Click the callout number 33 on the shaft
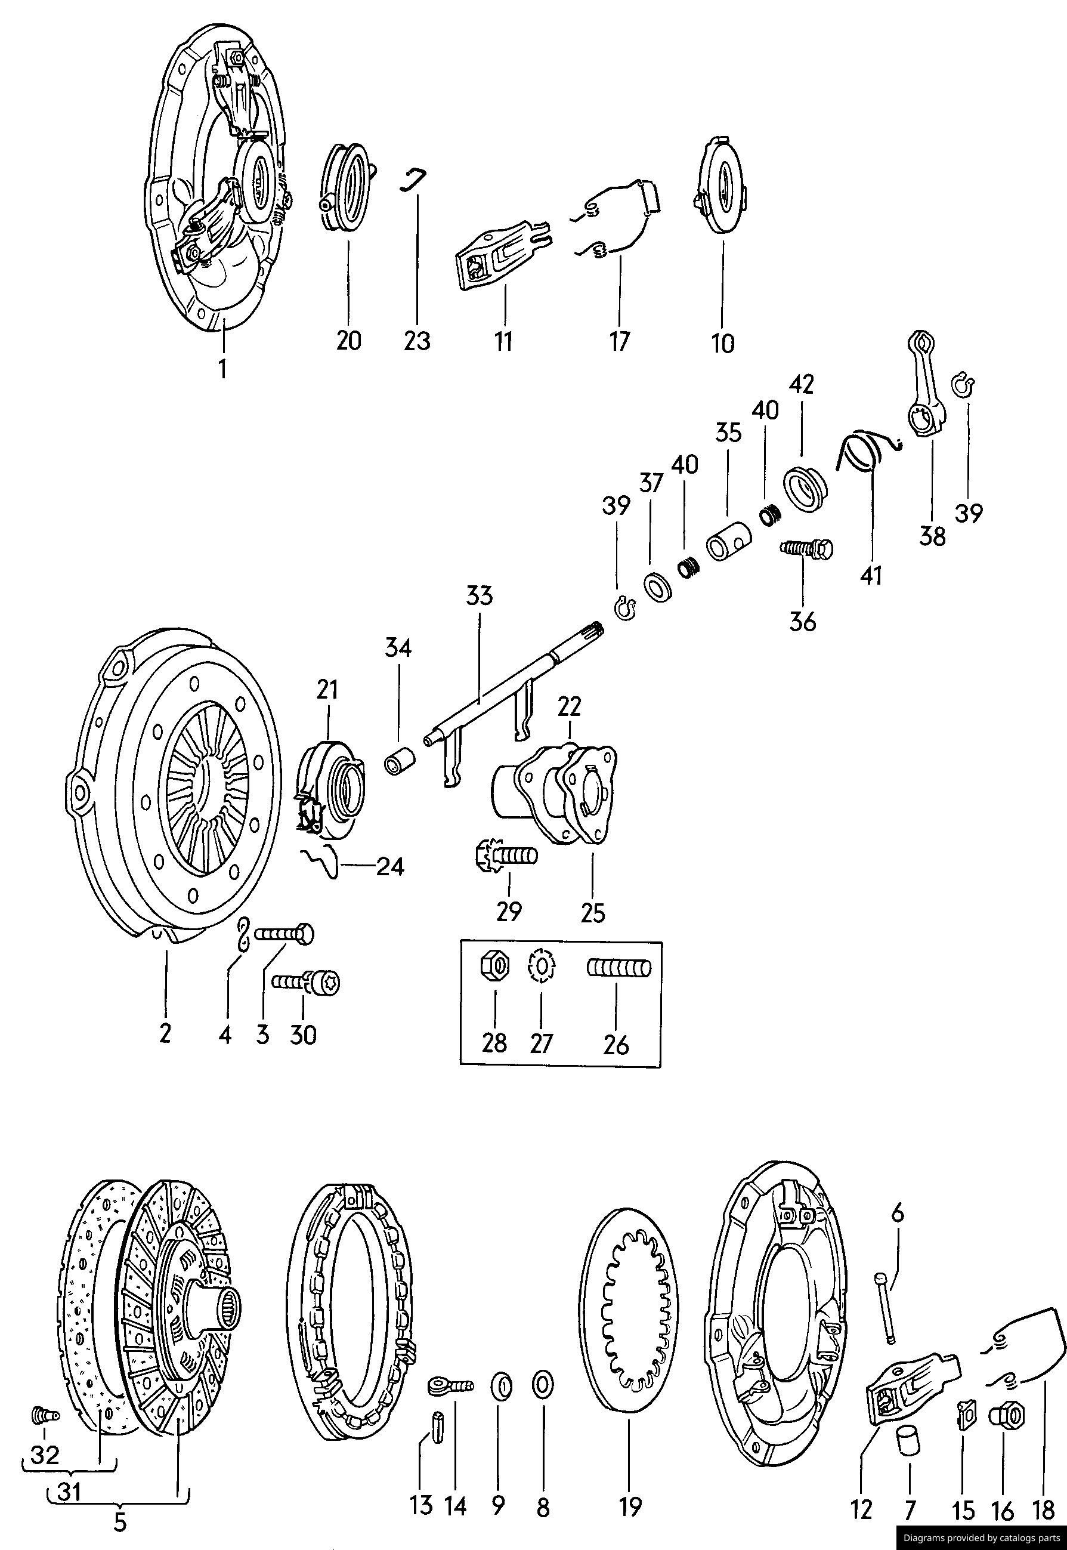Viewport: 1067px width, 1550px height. point(480,595)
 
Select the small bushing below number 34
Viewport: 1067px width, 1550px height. point(400,762)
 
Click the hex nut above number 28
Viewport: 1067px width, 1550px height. point(494,967)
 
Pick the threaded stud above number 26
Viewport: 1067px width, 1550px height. point(618,968)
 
